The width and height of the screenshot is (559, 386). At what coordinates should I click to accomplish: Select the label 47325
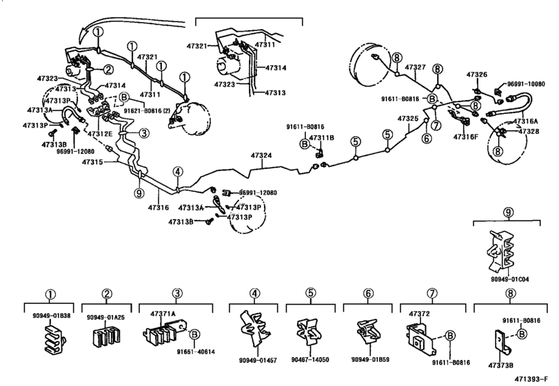[x=407, y=119]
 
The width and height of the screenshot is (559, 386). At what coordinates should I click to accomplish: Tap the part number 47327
[x=415, y=67]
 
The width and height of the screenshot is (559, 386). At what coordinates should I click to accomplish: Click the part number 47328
[x=529, y=131]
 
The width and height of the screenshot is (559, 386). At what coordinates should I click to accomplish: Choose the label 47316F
[x=466, y=138]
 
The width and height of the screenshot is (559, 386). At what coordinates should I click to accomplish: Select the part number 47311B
[x=321, y=138]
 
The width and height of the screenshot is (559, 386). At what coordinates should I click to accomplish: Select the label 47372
[x=419, y=314]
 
